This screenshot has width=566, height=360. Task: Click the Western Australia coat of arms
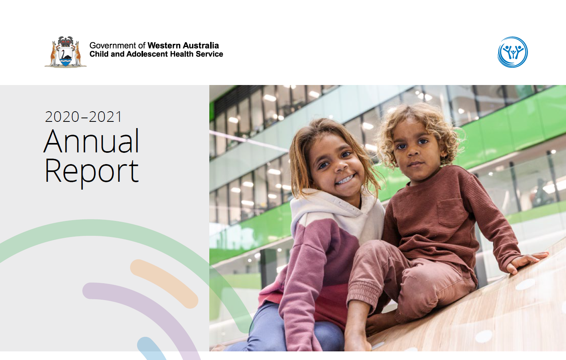[x=65, y=52]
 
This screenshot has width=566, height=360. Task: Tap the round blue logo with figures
[x=512, y=52]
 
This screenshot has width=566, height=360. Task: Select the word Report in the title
[x=92, y=171]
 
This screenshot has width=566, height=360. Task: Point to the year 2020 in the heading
[x=62, y=117]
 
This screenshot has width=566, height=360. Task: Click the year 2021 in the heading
[x=105, y=117]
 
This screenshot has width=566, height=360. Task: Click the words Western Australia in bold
[x=183, y=45]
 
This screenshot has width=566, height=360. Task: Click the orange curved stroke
[x=164, y=283]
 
